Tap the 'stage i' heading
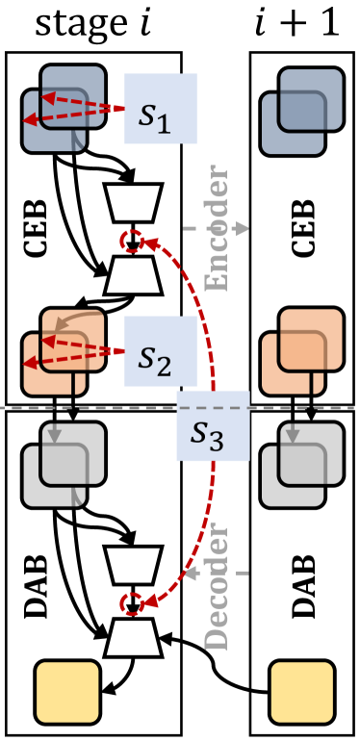tap(91, 22)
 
